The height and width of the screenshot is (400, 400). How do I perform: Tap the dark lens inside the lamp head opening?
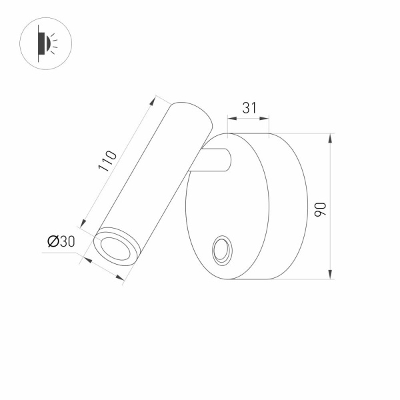(115, 249)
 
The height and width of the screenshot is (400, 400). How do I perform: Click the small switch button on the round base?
(221, 253)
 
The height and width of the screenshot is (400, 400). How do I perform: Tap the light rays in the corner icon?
(55, 43)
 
